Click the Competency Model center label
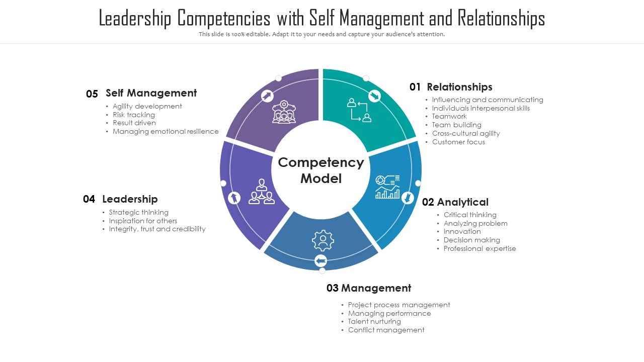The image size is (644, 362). pos(321,170)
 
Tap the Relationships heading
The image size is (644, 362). pos(459,87)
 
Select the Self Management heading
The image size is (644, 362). pos(151,93)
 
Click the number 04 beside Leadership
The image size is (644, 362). pos(89,199)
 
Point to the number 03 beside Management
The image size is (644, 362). pos(333,288)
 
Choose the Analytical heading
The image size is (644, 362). pos(462,202)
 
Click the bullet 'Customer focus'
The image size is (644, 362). pos(458,142)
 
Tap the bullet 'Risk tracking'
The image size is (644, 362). pos(133,115)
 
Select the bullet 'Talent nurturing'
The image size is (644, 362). pos(374,321)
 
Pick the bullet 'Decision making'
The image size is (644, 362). pos(471,240)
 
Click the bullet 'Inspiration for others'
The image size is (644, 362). pos(143,221)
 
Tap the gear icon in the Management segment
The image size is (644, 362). pos(323,241)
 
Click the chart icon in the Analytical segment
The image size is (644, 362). pos(387,187)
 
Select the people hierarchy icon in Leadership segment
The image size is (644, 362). pos(261,192)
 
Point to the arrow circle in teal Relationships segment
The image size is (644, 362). pos(374,96)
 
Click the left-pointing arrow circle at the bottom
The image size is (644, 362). pos(320,260)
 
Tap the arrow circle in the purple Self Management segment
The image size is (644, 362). pos(267,96)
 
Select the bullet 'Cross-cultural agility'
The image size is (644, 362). pos(465,133)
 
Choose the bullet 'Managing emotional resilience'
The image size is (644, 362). pos(166,131)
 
